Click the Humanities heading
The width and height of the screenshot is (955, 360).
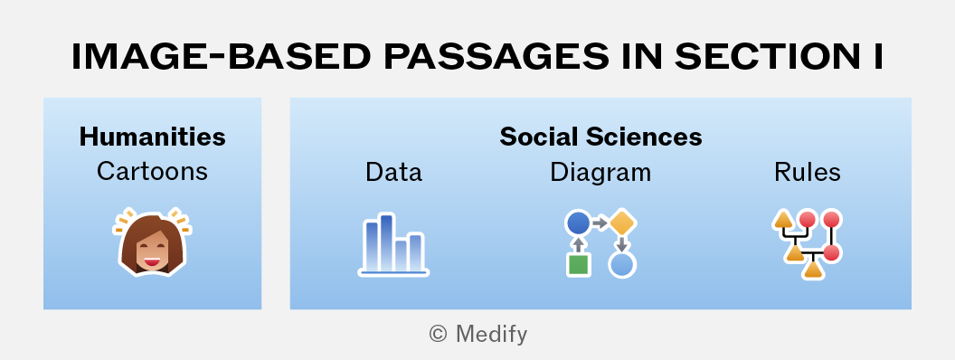coord(152,137)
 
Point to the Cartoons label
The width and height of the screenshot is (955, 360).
coord(152,171)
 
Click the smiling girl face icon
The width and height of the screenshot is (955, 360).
coord(152,242)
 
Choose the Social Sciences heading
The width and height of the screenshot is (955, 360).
coord(600,137)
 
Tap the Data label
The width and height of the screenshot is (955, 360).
coord(393,173)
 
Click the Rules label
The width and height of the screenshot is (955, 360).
coord(807,173)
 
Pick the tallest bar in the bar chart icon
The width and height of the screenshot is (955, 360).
coord(387,242)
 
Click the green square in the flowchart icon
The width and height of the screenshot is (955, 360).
coord(579,265)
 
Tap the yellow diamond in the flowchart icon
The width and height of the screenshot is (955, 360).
coord(622,223)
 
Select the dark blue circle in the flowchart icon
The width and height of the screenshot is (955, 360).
coord(579,223)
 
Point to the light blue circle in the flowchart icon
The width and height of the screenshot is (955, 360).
coord(622,265)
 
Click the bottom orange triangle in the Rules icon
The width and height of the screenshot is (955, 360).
coord(813,269)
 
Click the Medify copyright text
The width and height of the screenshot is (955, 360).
coord(478,334)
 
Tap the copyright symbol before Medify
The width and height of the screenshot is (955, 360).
coord(438,334)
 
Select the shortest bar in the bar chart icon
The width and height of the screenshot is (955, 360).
coord(402,255)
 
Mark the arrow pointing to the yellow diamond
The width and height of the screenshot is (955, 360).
coord(600,223)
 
